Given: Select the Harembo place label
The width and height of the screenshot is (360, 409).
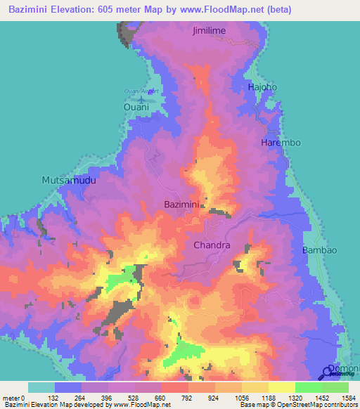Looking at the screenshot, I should (281, 143).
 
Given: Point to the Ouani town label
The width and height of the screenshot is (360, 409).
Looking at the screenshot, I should (137, 107).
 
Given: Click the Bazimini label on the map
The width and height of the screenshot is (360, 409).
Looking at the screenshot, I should (182, 204).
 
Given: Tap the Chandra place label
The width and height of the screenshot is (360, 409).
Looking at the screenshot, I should (212, 245).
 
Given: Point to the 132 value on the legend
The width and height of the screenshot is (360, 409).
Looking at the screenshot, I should (54, 398).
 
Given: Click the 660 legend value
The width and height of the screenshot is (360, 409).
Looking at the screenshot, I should (161, 398).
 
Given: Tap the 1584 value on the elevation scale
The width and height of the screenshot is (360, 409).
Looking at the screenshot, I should (348, 398).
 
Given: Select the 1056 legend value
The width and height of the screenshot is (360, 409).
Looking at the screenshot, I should (241, 398).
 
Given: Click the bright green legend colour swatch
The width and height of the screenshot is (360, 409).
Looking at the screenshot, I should (308, 387).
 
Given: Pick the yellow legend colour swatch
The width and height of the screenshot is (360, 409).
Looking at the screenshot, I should (281, 387).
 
